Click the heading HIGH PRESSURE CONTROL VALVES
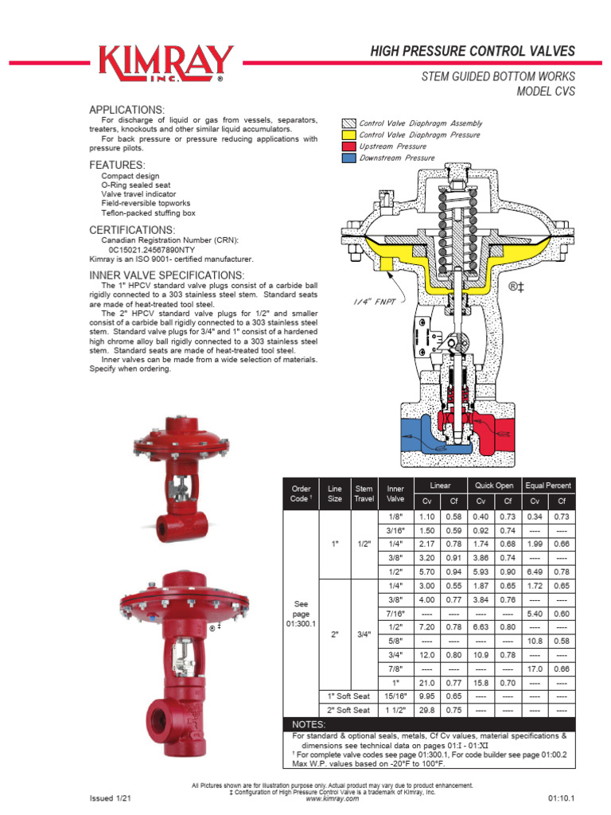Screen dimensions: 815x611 (473, 52)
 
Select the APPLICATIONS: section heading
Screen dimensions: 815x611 (127, 109)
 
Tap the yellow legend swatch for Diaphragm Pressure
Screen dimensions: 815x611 (348, 135)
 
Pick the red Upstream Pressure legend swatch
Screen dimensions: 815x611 (348, 146)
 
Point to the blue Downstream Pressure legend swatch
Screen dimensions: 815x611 (348, 158)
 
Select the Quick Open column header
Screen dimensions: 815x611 (494, 485)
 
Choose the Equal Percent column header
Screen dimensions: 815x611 (548, 485)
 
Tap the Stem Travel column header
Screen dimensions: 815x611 (364, 493)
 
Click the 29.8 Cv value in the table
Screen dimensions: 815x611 (427, 710)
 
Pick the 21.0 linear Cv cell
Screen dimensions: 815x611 (427, 683)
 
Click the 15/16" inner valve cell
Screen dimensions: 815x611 (395, 696)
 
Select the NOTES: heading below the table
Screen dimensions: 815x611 (309, 725)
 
